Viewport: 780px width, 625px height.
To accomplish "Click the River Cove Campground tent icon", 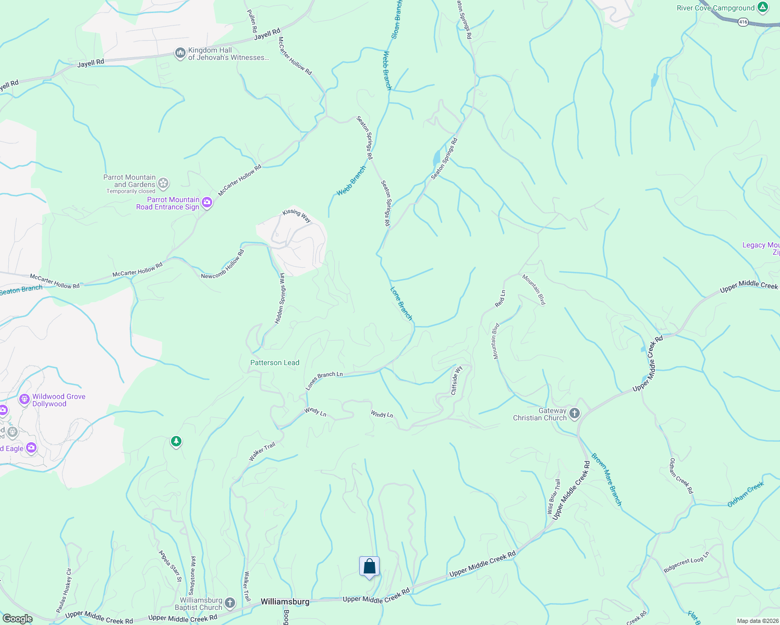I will click(763, 7).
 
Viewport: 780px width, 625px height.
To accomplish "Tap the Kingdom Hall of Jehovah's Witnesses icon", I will click(180, 53).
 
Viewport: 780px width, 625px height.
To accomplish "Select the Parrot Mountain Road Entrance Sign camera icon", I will click(207, 203).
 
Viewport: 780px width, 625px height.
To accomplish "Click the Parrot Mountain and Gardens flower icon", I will click(163, 183).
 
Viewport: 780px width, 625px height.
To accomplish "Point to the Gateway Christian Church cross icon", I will click(575, 414).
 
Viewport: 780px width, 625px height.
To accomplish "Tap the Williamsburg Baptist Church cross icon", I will click(230, 604).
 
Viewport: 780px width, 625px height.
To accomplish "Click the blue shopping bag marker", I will click(369, 566).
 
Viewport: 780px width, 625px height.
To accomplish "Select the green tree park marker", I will click(176, 442).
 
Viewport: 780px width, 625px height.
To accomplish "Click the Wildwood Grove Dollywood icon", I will click(25, 399).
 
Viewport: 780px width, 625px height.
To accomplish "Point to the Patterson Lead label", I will click(275, 362).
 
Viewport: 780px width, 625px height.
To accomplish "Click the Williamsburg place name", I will click(285, 602).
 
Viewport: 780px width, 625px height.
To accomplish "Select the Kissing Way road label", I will click(297, 215).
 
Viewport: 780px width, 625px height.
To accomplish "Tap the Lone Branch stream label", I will click(401, 303).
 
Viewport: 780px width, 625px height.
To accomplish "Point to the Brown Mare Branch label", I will click(606, 479).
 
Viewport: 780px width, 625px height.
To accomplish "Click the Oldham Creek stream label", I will click(746, 494).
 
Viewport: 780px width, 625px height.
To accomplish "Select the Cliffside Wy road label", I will click(456, 381).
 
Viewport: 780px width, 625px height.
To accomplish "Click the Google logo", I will click(17, 619).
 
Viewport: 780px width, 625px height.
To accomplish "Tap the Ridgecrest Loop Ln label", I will click(686, 562).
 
